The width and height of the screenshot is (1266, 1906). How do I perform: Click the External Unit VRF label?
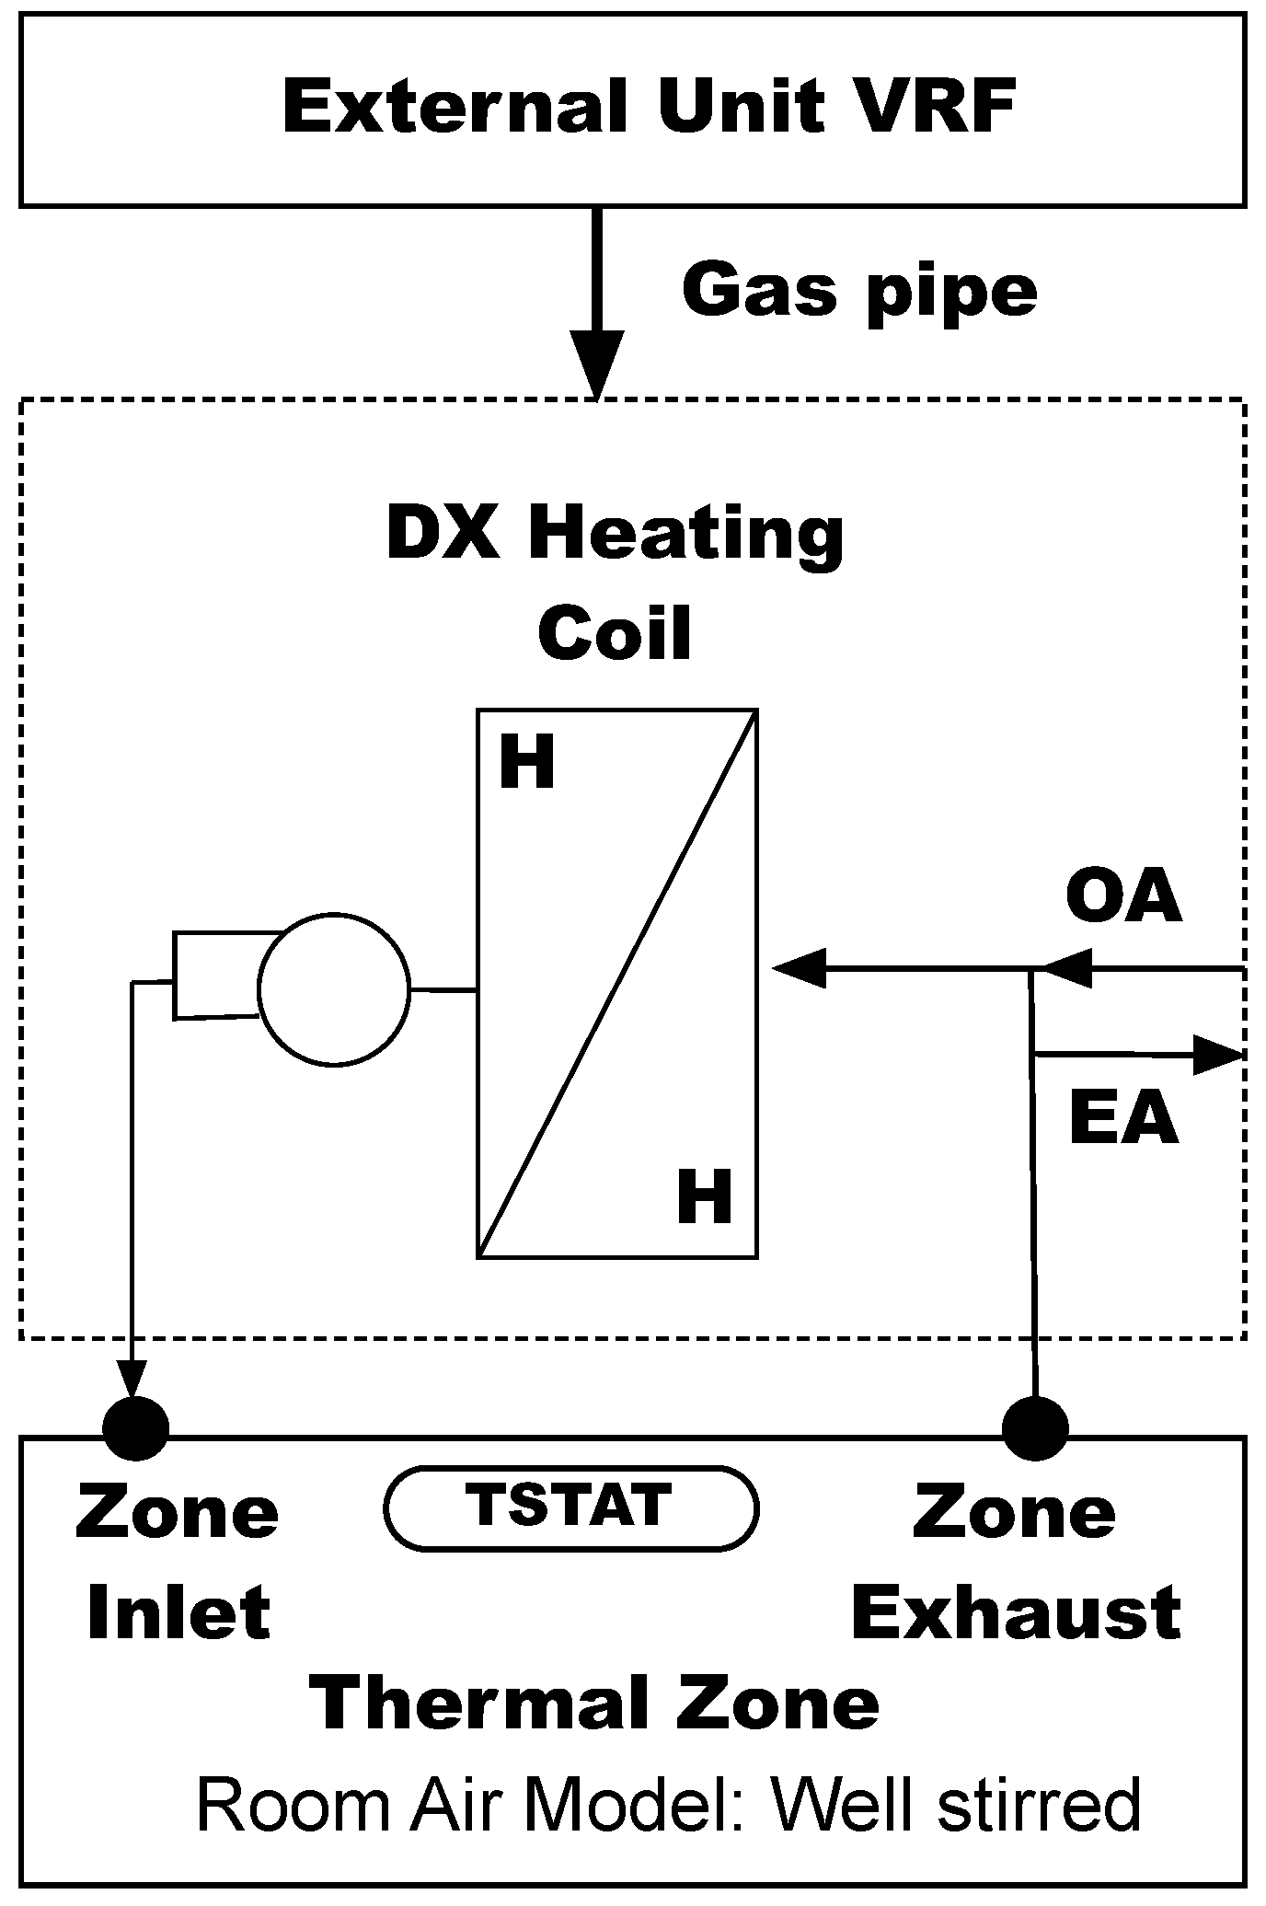pos(649,109)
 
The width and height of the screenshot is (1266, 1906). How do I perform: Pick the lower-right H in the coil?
pos(704,1196)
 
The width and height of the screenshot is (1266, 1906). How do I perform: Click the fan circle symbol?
pos(334,989)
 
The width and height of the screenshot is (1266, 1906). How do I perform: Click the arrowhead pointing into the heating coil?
pos(799,968)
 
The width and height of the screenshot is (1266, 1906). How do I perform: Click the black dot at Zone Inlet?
pos(135,1428)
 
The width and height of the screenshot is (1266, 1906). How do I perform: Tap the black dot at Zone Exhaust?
pos(1035,1428)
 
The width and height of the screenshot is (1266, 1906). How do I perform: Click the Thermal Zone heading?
pos(596,1704)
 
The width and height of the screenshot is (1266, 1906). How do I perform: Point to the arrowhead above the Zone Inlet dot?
pos(133,1380)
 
